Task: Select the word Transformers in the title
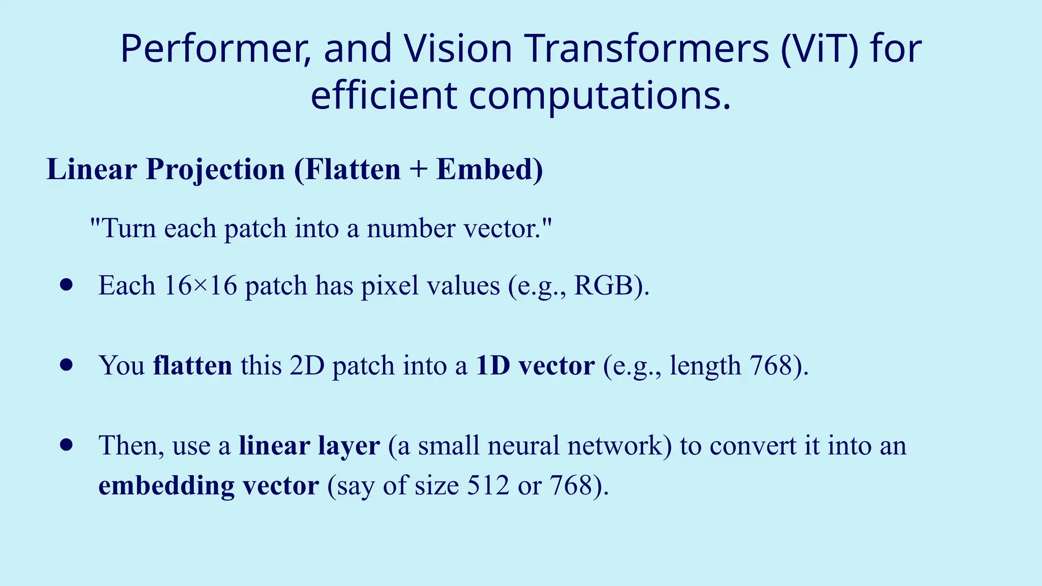tap(647, 49)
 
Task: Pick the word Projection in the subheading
tap(215, 170)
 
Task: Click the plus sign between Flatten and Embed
tap(418, 170)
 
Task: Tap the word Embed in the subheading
tap(489, 169)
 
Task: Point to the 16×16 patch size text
tap(201, 285)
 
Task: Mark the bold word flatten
tap(192, 365)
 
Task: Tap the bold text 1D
tap(493, 365)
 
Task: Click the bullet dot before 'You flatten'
tap(66, 365)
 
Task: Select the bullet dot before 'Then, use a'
tap(66, 445)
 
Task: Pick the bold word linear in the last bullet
tap(274, 446)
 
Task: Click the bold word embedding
tap(166, 485)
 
